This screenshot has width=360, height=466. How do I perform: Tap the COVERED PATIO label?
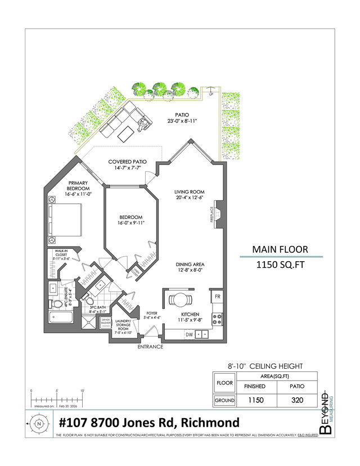tap(128, 162)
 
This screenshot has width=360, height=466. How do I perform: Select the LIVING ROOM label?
tap(188, 192)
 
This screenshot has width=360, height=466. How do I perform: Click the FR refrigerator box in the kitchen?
tap(217, 295)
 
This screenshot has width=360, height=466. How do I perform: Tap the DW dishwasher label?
tap(190, 334)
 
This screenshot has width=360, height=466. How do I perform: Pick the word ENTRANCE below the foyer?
tap(151, 347)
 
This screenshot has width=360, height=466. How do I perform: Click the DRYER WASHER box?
tap(106, 322)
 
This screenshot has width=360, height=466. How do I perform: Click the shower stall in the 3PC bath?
tap(89, 323)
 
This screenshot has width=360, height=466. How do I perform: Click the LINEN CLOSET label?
tap(134, 272)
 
